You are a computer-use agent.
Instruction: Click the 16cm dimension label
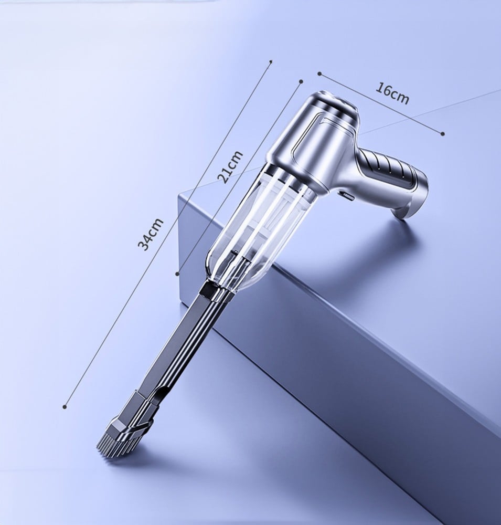[x=392, y=93]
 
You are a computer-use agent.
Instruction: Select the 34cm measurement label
[x=151, y=234]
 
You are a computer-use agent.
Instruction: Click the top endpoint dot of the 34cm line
[x=271, y=61]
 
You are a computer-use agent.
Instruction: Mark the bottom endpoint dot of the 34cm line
[x=65, y=406]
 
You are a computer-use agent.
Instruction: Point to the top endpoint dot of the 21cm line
[x=301, y=81]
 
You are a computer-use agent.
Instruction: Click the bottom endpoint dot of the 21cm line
[x=177, y=274]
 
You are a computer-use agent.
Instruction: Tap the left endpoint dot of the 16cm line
[x=319, y=73]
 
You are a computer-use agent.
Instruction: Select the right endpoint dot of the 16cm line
[x=443, y=133]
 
